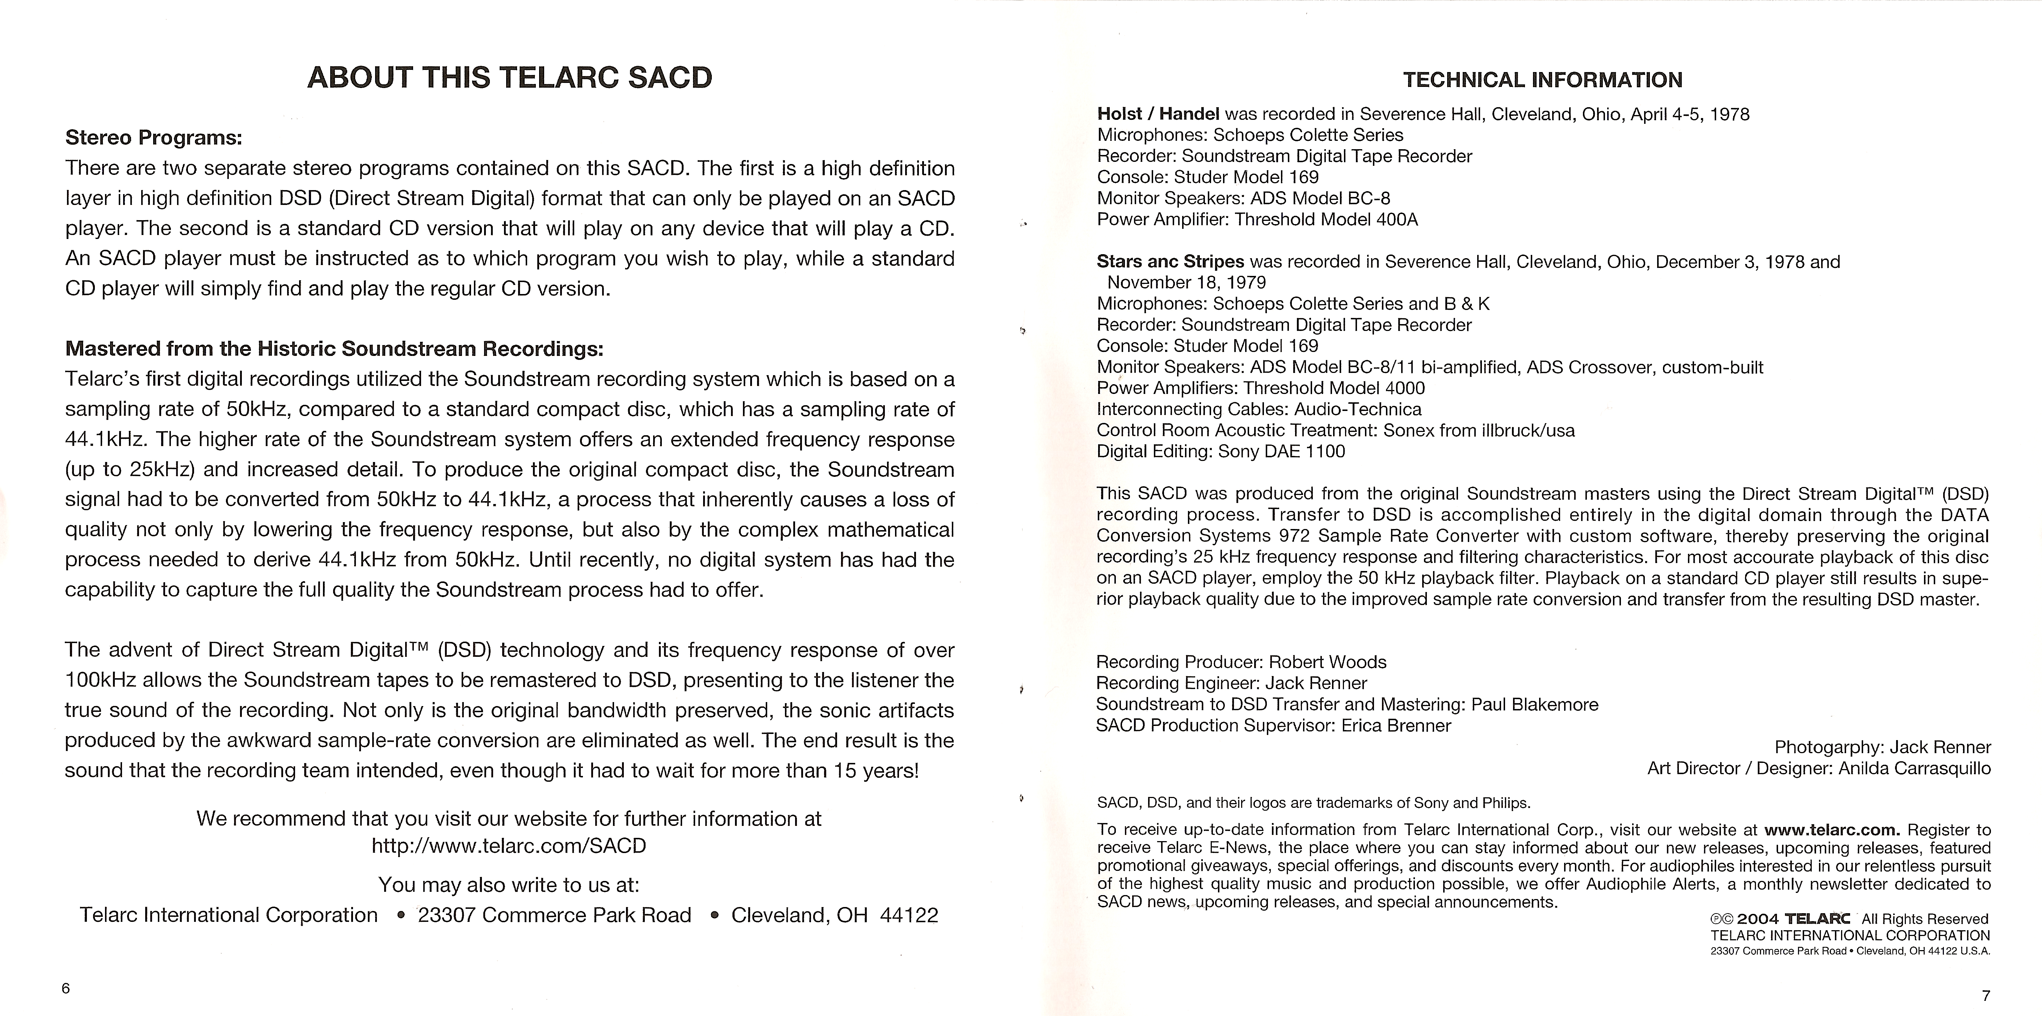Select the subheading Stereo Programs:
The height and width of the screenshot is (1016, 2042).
click(153, 138)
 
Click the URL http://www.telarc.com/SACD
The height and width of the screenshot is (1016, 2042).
click(509, 845)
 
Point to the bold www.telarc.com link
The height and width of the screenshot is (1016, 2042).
click(1831, 830)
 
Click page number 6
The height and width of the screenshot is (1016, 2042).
click(66, 987)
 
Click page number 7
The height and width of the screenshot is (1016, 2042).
click(1986, 995)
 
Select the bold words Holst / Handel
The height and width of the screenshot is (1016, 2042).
click(1157, 114)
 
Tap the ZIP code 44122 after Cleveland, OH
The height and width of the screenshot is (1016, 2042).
click(908, 915)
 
